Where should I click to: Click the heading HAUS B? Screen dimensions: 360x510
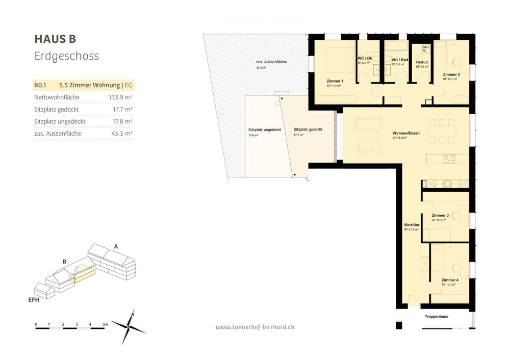55,39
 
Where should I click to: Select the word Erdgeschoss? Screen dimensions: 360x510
66,56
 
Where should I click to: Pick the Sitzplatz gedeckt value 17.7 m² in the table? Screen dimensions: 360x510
122,109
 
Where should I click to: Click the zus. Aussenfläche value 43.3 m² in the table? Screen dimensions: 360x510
122,134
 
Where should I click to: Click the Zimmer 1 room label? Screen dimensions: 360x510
335,82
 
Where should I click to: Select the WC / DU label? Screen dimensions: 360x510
364,59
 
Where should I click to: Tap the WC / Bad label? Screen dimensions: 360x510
399,60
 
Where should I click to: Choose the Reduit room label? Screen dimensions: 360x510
421,62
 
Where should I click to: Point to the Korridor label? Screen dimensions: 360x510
412,225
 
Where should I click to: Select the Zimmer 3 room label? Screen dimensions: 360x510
440,216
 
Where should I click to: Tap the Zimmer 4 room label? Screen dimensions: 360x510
450,280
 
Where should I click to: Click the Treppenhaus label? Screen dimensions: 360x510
436,317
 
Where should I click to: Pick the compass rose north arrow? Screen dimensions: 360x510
132,316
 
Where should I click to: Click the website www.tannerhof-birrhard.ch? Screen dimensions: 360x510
254,327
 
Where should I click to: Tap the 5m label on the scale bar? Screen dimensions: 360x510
105,324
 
